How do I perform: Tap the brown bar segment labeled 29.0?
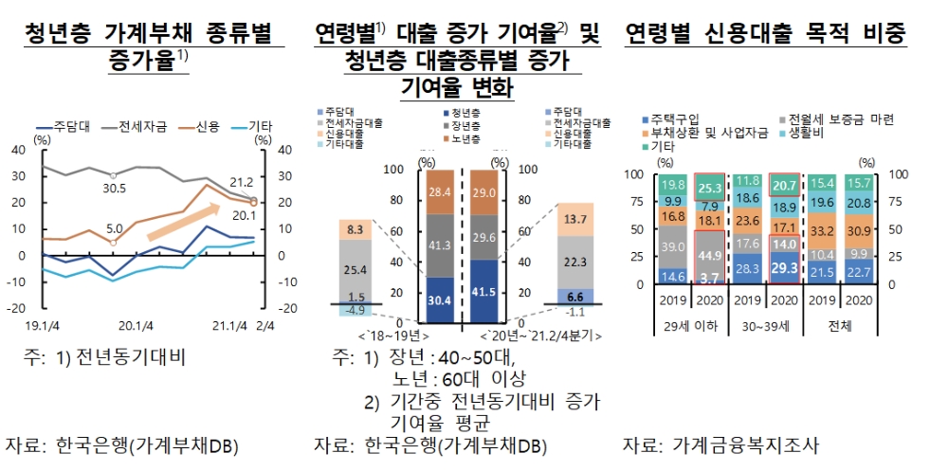(x=483, y=192)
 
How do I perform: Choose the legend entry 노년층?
(x=468, y=140)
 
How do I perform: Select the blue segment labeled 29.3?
(x=785, y=268)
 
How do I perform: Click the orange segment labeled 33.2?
(x=822, y=231)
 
